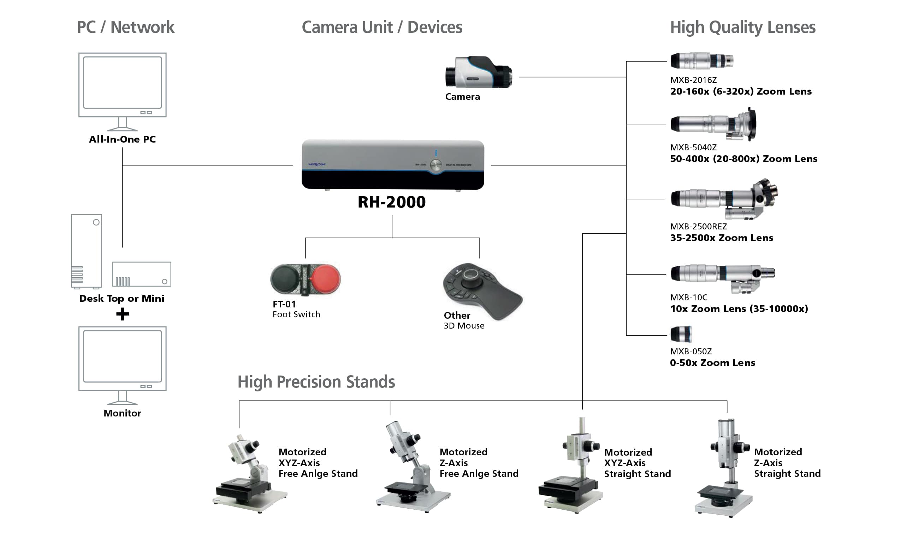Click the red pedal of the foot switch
[x=325, y=279]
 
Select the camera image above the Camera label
[x=479, y=72]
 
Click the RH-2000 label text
[x=391, y=202]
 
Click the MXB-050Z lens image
[x=681, y=334]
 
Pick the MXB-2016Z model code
[x=693, y=80]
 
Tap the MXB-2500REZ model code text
[x=698, y=227]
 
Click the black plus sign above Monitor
[x=123, y=314]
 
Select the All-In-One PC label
[x=123, y=139]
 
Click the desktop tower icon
[x=87, y=252]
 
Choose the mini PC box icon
[x=142, y=274]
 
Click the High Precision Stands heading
[x=316, y=382]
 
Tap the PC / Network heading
[x=126, y=27]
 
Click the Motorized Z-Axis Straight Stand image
[x=725, y=468]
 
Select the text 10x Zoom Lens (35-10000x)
[x=739, y=309]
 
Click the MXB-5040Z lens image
[x=713, y=125]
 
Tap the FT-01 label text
[x=284, y=304]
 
